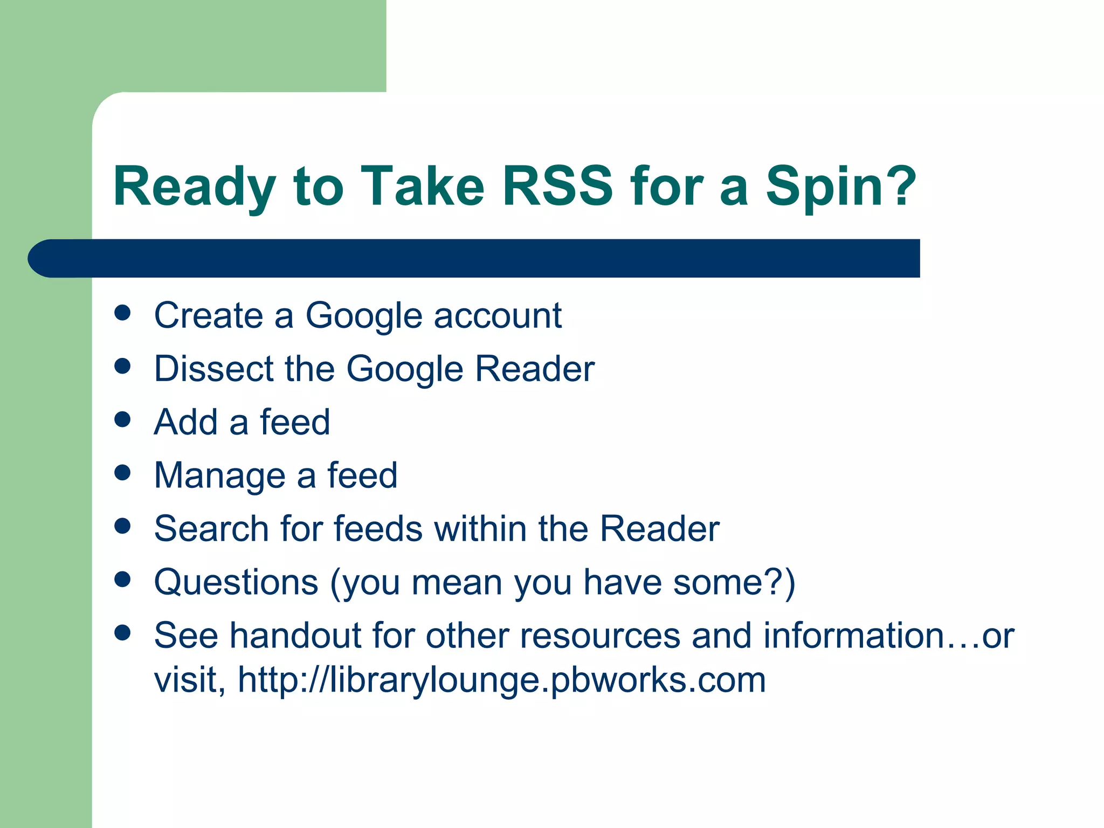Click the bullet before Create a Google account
pyautogui.click(x=123, y=313)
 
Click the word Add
pyautogui.click(x=185, y=422)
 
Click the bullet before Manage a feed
pyautogui.click(x=123, y=473)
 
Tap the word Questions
pyautogui.click(x=236, y=582)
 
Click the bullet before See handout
pyautogui.click(x=123, y=632)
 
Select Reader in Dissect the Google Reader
pyautogui.click(x=535, y=369)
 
